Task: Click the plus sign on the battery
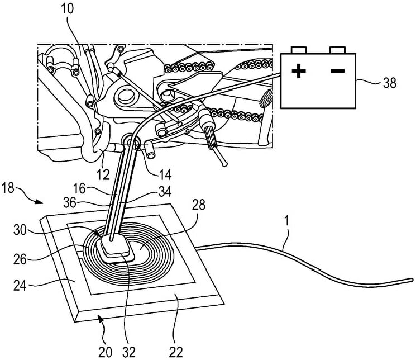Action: click(x=300, y=71)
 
